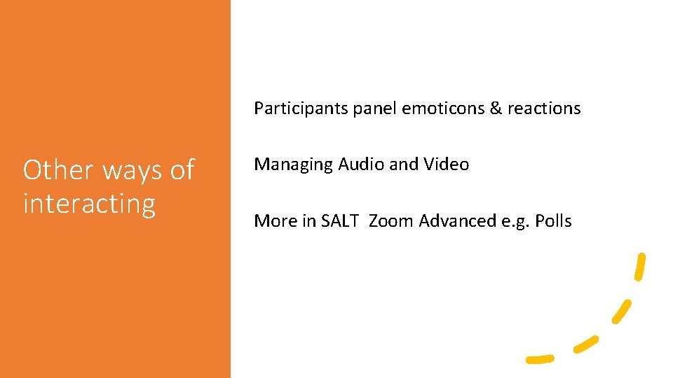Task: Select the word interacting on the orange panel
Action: pyautogui.click(x=89, y=204)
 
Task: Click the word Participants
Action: pyautogui.click(x=301, y=108)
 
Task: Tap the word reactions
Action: pyautogui.click(x=544, y=108)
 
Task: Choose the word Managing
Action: pyautogui.click(x=294, y=165)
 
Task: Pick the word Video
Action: pyautogui.click(x=446, y=164)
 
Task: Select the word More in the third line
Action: pyautogui.click(x=275, y=221)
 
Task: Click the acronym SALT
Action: pyautogui.click(x=339, y=221)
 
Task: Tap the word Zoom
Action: pyautogui.click(x=391, y=221)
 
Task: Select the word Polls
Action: pyautogui.click(x=553, y=221)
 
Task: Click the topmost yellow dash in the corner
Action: pyautogui.click(x=639, y=267)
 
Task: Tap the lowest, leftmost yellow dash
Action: pyautogui.click(x=540, y=358)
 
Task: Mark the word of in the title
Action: pyautogui.click(x=182, y=170)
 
